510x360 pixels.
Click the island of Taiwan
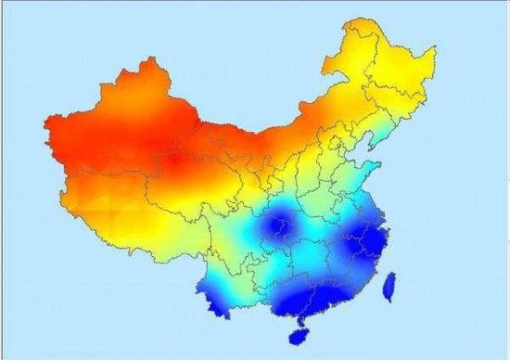click(390, 287)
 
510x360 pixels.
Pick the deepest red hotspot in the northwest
click(176, 162)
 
